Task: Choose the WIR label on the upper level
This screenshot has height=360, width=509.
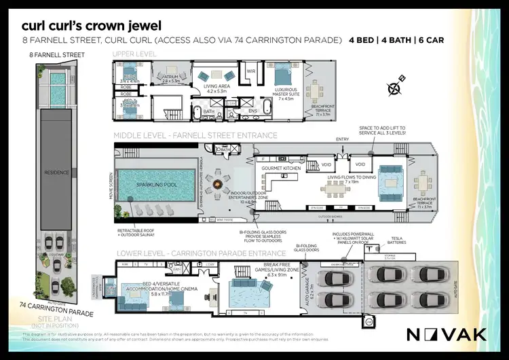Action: coord(250,71)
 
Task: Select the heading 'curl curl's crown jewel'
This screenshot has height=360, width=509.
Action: coord(91,26)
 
